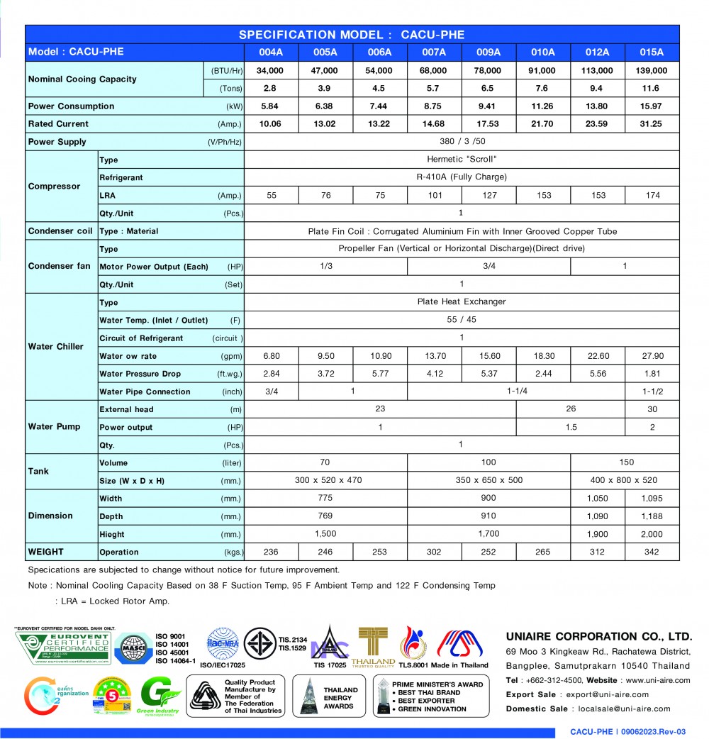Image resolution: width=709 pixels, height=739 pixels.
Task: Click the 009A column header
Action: (x=489, y=52)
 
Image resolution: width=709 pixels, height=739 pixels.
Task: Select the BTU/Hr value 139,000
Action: (x=652, y=71)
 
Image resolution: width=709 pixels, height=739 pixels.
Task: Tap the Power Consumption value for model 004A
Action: (x=270, y=106)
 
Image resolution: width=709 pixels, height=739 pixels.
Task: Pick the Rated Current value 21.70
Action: (x=542, y=124)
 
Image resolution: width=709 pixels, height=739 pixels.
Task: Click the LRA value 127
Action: (x=489, y=196)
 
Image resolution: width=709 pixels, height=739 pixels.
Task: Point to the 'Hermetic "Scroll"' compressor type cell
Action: (x=462, y=160)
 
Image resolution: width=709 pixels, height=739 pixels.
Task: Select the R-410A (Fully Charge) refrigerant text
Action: (x=462, y=177)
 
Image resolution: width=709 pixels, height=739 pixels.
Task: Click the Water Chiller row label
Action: (x=56, y=347)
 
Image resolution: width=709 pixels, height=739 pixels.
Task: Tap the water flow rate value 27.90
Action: (x=652, y=356)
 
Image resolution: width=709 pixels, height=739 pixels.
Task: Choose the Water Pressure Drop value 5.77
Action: (x=379, y=374)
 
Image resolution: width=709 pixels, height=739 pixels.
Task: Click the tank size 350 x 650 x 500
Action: (x=489, y=480)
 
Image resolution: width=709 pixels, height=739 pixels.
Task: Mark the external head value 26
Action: (x=571, y=409)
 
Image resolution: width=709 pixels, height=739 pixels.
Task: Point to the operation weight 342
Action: (x=652, y=552)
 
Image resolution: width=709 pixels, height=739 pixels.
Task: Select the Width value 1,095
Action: (x=652, y=499)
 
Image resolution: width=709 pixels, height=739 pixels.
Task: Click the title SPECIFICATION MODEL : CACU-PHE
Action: (x=352, y=35)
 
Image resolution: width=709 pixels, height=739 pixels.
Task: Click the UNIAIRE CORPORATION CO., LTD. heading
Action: (x=598, y=636)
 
